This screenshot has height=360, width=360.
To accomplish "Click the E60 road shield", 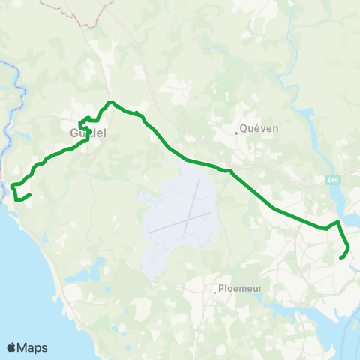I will [x=332, y=180].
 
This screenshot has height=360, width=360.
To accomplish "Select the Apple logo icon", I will [x=12, y=347].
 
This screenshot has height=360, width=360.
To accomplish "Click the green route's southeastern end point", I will [x=341, y=258].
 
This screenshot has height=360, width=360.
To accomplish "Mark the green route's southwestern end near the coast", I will [x=29, y=196].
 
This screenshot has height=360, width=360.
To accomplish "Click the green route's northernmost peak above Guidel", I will [x=110, y=102].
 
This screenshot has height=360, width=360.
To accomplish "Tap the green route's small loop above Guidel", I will [x=84, y=120].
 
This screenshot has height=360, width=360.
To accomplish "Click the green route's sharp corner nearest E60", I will [x=338, y=222].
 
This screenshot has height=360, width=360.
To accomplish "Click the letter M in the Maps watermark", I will [x=23, y=347].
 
